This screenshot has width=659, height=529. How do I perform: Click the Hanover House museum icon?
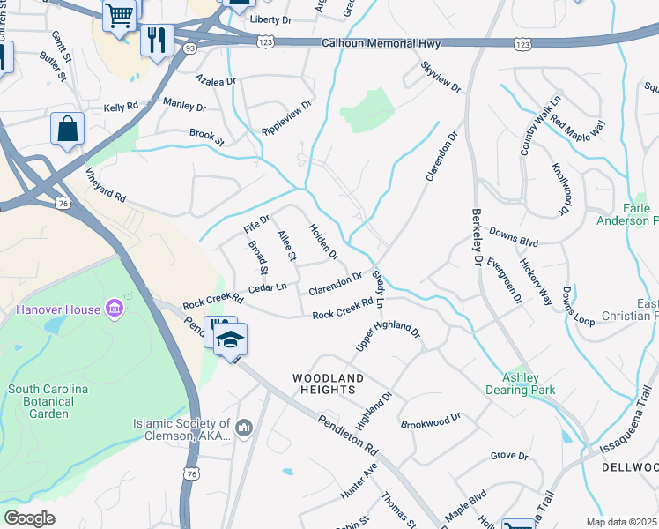[114, 309]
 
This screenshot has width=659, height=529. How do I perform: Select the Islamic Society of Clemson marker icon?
[244, 429]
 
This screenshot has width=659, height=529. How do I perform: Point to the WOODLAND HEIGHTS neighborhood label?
[328, 384]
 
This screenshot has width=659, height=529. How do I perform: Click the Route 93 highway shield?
[189, 48]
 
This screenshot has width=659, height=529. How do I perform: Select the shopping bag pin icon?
[67, 129]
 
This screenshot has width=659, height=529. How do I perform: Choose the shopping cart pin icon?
[120, 13]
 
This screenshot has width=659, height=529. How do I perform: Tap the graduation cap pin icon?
[230, 339]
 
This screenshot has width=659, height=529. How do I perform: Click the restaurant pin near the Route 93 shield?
[157, 40]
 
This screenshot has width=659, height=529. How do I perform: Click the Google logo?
[29, 518]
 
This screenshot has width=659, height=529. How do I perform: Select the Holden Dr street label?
[323, 242]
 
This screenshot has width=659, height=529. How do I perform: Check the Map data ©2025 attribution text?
[622, 522]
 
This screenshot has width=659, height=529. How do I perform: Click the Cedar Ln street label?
[268, 287]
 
